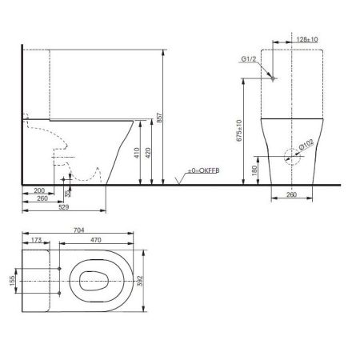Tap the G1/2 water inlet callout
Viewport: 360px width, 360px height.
click(248, 59)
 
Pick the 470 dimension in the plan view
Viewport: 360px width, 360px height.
click(94, 239)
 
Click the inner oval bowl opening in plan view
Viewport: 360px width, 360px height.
click(94, 283)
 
